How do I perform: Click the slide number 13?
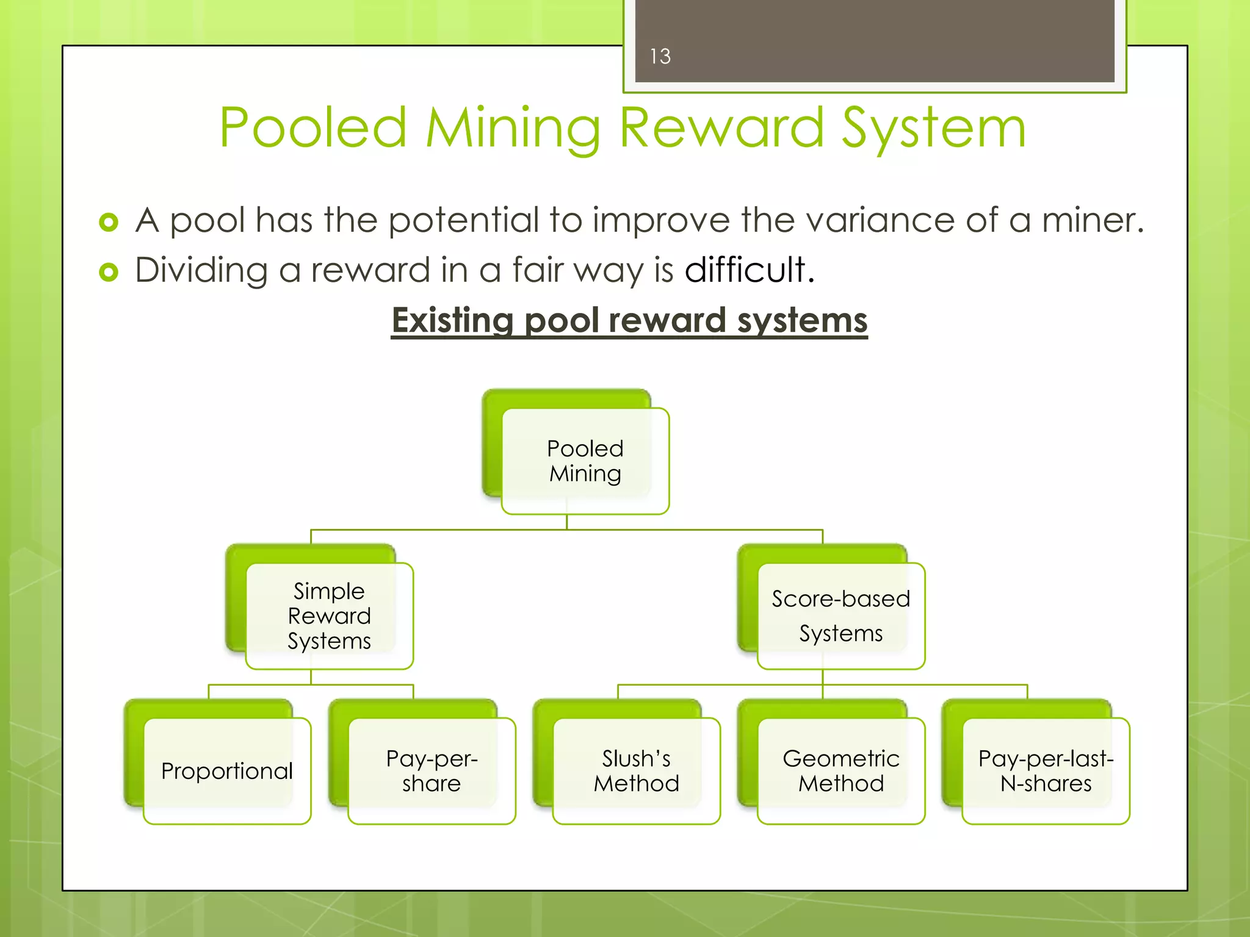click(660, 57)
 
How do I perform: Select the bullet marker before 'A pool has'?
click(109, 222)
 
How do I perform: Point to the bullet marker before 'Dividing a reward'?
click(109, 272)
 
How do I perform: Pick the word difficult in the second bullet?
click(745, 270)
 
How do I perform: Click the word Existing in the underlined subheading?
click(452, 321)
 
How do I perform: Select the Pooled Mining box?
click(585, 461)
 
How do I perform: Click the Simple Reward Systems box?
click(329, 616)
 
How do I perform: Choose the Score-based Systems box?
click(840, 616)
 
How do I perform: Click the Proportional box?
click(227, 771)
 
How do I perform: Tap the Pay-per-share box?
click(432, 771)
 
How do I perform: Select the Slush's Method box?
click(636, 771)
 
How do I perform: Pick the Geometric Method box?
click(840, 771)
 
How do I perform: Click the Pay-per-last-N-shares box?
click(1046, 771)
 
